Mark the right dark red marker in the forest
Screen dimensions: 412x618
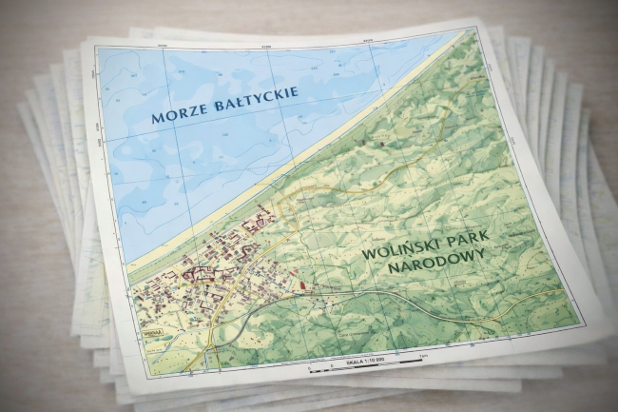click(379, 144)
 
